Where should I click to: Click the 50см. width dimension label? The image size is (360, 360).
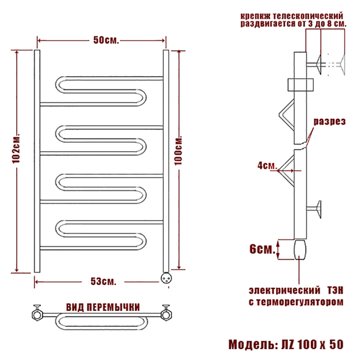pos(106,40)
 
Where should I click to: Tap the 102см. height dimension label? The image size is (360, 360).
pos(17,148)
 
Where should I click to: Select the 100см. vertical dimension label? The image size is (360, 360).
pos(178,151)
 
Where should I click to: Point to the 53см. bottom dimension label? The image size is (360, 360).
pos(103,281)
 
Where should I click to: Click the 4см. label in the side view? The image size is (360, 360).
pos(267,166)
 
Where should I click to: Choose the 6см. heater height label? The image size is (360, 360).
pos(262,249)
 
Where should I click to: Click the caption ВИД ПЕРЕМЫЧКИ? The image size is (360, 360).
pos(103,307)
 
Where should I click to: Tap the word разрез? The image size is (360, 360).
pos(329,121)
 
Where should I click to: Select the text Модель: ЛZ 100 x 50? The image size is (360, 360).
pos(286,344)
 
